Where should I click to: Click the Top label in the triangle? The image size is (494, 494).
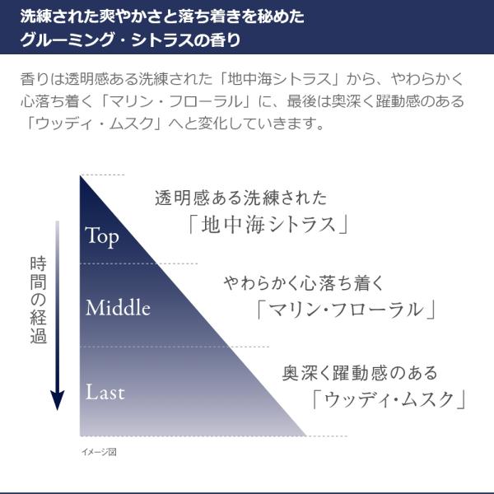[102, 238]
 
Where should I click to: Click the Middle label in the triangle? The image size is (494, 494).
[118, 309]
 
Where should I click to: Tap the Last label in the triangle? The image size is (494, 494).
[105, 393]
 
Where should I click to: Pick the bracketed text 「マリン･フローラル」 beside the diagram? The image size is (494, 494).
[345, 310]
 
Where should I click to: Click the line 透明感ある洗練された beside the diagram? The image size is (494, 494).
[240, 198]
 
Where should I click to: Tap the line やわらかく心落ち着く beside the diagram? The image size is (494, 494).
[304, 284]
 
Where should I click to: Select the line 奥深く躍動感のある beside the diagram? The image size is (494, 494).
[360, 373]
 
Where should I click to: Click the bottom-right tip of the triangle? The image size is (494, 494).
[305, 434]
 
